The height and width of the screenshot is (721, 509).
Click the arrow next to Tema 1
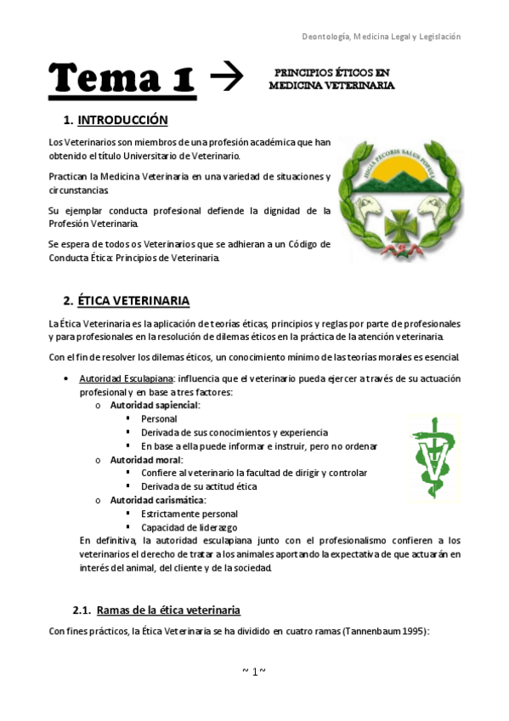tap(226, 78)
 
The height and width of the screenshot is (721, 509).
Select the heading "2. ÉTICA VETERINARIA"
tap(127, 301)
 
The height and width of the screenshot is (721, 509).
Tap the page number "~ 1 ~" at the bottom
tap(254, 672)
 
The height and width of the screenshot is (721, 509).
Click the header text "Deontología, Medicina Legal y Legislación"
tap(382, 37)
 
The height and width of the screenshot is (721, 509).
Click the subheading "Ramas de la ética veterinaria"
tap(168, 610)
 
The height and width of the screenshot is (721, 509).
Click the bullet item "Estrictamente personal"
tap(189, 514)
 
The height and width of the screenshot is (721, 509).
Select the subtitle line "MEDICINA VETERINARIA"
tap(331, 86)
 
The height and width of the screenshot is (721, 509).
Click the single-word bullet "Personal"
tap(160, 419)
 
